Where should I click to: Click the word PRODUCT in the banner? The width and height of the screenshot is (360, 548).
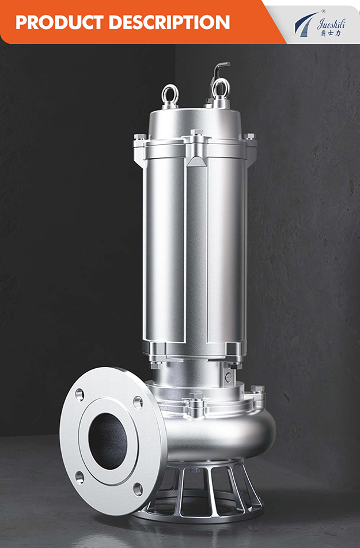(x=60, y=22)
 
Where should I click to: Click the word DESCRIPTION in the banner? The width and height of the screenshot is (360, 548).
(x=169, y=22)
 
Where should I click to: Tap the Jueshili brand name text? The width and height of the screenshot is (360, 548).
(x=331, y=24)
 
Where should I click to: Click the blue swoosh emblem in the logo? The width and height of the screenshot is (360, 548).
(x=305, y=24)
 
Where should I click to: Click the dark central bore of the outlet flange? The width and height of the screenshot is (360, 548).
(x=108, y=441)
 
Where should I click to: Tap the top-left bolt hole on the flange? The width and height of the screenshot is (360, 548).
(x=79, y=395)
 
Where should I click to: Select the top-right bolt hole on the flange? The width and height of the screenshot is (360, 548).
(x=138, y=403)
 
